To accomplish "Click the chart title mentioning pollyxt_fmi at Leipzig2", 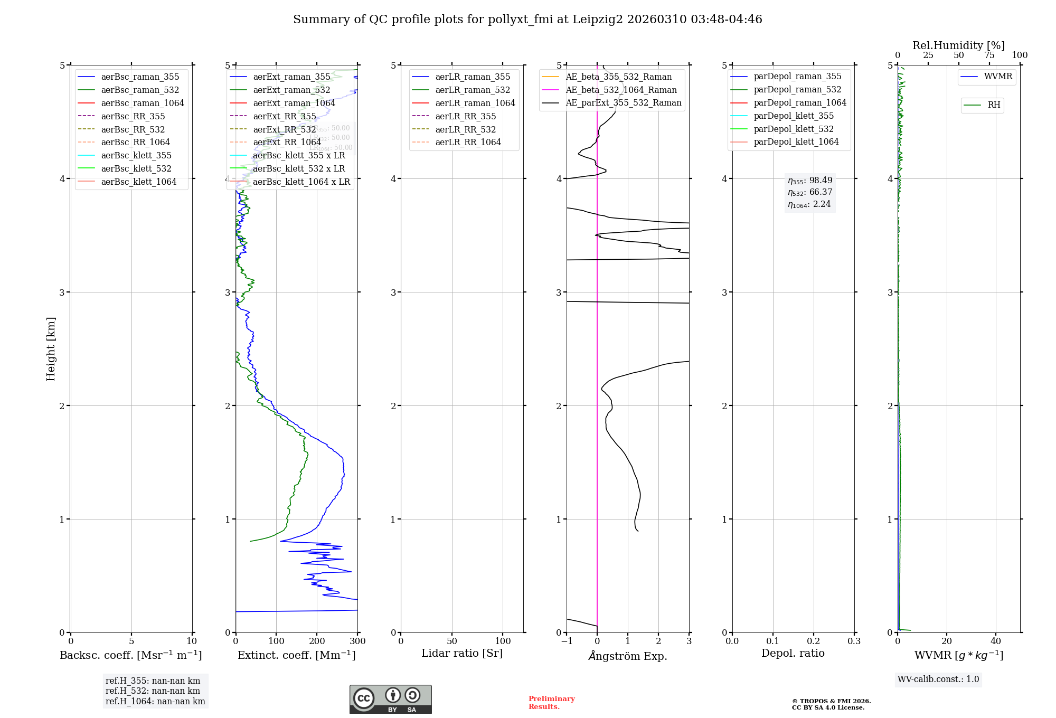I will pos(527,20).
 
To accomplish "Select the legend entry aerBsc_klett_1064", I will pos(139,182).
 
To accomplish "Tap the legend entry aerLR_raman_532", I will pos(473,90).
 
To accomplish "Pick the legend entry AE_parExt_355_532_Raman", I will pos(623,102).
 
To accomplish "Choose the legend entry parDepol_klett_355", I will pos(794,116).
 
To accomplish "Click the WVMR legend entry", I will pos(998,77).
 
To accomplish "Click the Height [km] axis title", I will pos(51,348).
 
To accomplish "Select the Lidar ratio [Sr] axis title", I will pos(462,653).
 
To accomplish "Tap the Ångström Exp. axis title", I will pos(628,656).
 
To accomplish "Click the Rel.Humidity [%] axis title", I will pos(958,45).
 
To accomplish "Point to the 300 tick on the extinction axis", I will pos(357,641).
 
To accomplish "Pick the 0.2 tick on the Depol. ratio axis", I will pos(814,641).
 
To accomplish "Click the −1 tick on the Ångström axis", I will pos(567,641).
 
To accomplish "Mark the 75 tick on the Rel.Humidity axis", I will pos(989,55).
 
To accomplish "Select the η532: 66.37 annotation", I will pos(810,192).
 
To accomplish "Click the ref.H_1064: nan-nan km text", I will pos(155,701).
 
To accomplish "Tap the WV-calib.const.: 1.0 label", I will pos(938,679).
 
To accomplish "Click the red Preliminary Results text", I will pos(551,702).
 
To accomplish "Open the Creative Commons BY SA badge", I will pos(390,699).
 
